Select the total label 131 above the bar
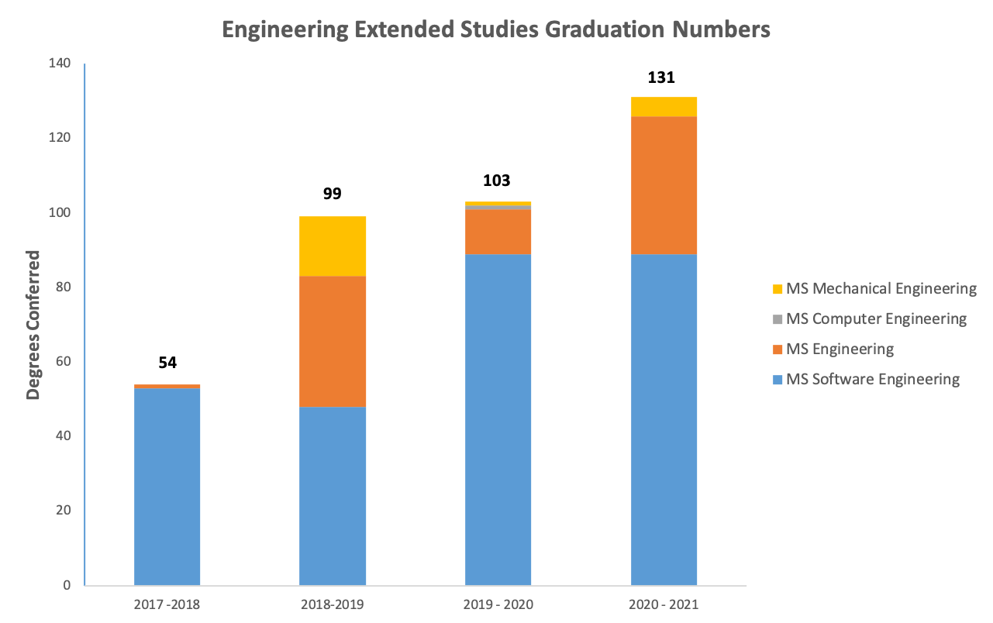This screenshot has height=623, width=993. (661, 77)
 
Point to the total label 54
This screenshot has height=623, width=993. (167, 363)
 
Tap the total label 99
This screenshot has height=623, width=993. (332, 194)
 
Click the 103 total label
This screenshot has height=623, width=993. (497, 181)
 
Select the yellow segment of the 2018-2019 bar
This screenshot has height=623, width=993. (333, 246)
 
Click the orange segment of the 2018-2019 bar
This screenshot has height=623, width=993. (333, 341)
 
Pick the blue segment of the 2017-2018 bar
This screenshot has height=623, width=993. (167, 486)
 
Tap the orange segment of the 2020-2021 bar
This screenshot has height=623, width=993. (664, 185)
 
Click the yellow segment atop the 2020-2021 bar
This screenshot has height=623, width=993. (664, 106)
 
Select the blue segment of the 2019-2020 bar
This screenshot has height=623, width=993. (498, 419)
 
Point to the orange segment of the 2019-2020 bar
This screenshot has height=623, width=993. (498, 232)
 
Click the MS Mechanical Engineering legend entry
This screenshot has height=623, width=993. (881, 289)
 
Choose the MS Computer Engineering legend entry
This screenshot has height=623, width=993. (876, 319)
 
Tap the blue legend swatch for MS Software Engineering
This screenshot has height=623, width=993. (778, 380)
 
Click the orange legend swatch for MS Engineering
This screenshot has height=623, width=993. (778, 349)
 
